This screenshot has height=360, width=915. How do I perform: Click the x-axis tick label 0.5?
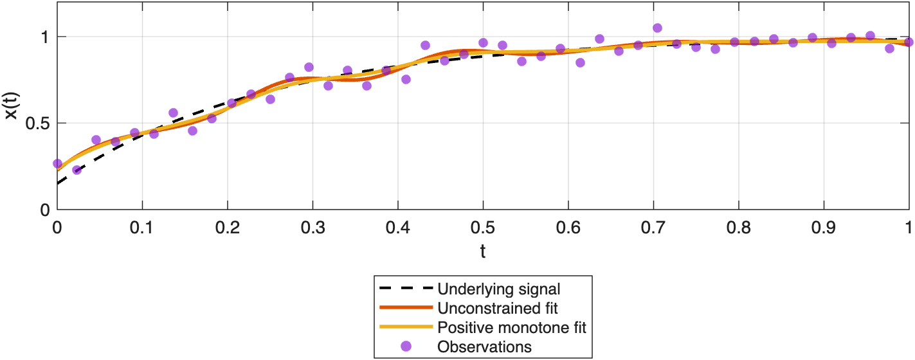(483, 227)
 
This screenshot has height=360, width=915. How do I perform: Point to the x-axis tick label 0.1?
(142, 227)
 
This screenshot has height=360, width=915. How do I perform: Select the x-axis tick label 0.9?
(824, 227)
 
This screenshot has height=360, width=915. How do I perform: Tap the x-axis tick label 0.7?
(653, 227)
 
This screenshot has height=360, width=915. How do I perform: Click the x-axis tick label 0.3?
(313, 227)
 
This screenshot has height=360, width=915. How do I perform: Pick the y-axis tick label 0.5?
(37, 123)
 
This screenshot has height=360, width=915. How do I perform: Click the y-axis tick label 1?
(45, 37)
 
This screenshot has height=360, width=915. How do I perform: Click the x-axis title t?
(483, 251)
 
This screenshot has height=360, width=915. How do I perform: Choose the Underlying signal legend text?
(498, 289)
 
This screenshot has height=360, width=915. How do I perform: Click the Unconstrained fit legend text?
(493, 308)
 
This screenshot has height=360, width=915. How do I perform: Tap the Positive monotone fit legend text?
(512, 327)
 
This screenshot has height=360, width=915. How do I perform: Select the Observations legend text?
(484, 346)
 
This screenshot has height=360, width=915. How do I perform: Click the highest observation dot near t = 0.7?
(657, 28)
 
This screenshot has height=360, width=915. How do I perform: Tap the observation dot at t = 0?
(58, 164)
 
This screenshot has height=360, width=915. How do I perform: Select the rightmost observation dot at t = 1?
(909, 42)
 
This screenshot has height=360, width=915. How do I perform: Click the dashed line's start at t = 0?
(59, 183)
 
